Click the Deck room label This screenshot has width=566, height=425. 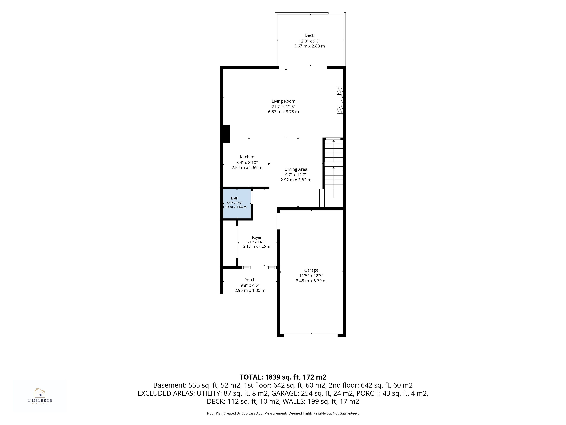[309, 35]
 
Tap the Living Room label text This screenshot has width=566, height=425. [283, 101]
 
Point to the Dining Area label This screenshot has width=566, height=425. [296, 169]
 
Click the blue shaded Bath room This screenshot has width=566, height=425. [237, 204]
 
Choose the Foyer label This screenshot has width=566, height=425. [257, 237]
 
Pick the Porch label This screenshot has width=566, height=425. [250, 280]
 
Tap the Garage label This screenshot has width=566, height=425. [311, 270]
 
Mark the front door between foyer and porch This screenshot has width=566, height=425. [259, 268]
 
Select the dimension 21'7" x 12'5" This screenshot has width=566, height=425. [283, 107]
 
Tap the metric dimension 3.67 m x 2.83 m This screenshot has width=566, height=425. [309, 46]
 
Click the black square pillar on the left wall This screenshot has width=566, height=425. [226, 134]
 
